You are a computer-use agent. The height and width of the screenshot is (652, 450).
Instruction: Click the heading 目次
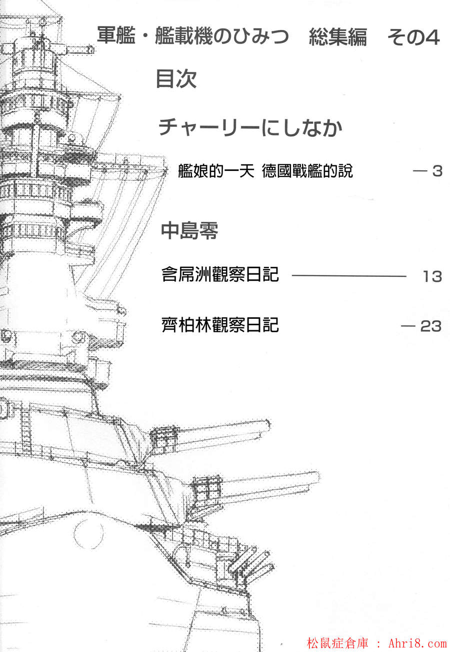[x=176, y=79]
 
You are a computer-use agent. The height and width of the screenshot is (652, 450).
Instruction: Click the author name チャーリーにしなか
[x=250, y=128]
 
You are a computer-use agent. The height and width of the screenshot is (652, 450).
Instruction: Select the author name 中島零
[x=189, y=231]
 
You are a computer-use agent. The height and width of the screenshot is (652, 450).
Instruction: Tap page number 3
[x=437, y=171]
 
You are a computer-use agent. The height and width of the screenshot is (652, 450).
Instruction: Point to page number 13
[x=431, y=276]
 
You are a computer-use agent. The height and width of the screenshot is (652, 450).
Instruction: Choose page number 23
[x=430, y=326]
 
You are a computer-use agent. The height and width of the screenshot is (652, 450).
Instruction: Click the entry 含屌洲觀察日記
[x=220, y=275]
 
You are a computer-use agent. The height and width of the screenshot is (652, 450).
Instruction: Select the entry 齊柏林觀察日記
[x=220, y=325]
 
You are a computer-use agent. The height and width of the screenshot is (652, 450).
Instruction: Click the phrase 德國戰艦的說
[x=307, y=171]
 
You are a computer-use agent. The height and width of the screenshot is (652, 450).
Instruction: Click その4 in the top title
[x=413, y=38]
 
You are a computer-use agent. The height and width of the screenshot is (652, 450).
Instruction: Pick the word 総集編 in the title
[x=337, y=38]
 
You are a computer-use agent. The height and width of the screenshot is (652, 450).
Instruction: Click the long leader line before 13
[x=348, y=276]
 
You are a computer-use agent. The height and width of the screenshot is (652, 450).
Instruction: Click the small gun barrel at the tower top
[x=88, y=50]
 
